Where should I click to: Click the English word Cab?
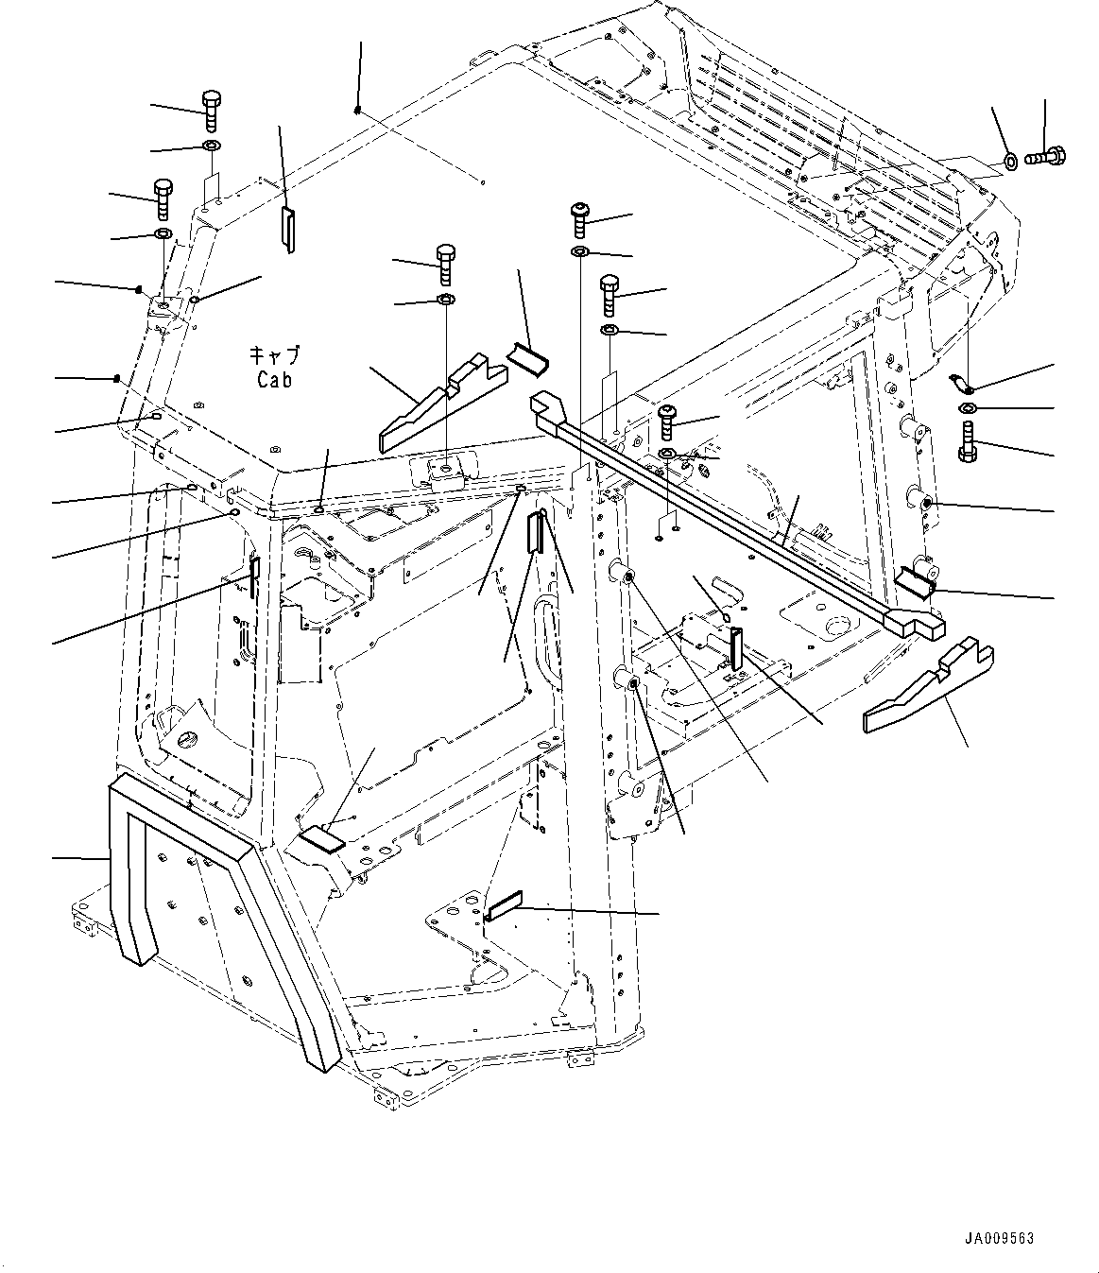click(274, 379)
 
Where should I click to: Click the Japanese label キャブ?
click(274, 356)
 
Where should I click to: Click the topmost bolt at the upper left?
click(211, 112)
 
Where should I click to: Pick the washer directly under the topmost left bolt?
click(211, 146)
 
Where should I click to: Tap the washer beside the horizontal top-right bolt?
click(1009, 161)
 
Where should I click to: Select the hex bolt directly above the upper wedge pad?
click(445, 264)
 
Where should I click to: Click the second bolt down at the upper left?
click(163, 197)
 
